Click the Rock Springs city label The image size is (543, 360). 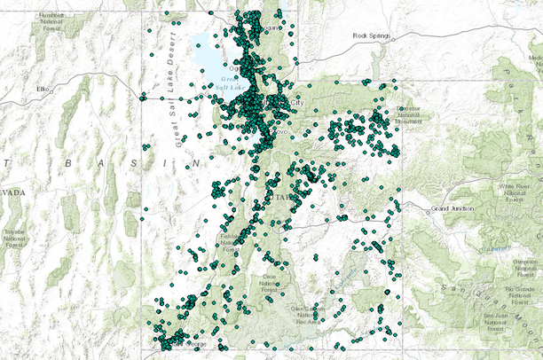[x=371, y=35]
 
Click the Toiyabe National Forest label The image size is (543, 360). [x=13, y=234]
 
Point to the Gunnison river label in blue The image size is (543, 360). [x=487, y=250]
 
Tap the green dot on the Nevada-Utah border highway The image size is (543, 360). [x=142, y=98]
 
